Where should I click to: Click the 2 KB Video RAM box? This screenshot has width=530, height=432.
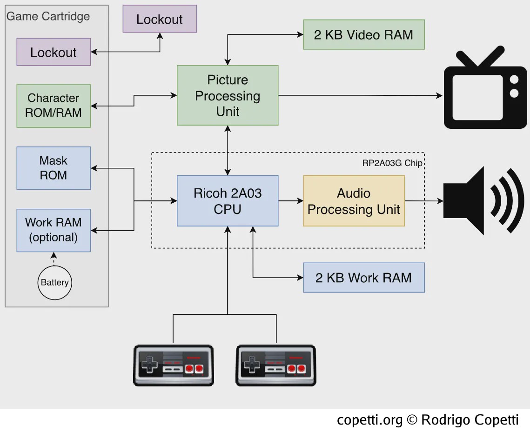(x=364, y=34)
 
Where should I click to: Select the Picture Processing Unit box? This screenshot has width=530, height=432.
(x=228, y=95)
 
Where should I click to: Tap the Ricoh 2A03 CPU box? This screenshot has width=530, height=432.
(x=228, y=200)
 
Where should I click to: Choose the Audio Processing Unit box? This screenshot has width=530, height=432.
(x=354, y=200)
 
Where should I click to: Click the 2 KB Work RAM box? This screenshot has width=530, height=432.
(x=364, y=277)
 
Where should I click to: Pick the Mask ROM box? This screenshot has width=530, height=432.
(x=54, y=168)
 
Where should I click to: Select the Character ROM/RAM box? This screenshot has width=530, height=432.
(x=54, y=106)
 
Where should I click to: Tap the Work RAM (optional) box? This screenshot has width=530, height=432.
(x=54, y=230)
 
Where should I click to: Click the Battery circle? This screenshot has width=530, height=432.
(x=54, y=282)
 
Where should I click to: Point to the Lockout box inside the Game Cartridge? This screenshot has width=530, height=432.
(x=54, y=52)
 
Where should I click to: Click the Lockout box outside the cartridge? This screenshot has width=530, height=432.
(x=160, y=19)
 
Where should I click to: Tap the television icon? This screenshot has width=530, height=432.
(x=485, y=87)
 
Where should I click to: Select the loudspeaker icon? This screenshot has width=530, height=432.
(x=483, y=200)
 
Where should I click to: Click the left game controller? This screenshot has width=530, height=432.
(x=174, y=365)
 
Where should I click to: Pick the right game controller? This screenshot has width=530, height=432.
(x=276, y=365)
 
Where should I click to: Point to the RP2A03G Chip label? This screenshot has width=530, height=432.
(x=392, y=163)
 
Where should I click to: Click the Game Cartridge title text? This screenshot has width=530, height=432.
(x=48, y=16)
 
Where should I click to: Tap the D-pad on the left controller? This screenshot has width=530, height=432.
(x=149, y=365)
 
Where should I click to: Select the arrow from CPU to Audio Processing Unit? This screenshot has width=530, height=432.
(x=291, y=200)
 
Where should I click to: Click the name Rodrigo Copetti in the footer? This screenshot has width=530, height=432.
(x=470, y=420)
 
